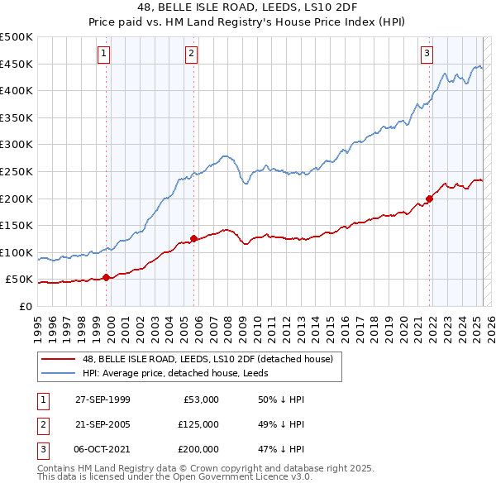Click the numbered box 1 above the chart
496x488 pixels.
[103, 54]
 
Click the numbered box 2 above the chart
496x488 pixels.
[191, 54]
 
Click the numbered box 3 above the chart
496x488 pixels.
[427, 54]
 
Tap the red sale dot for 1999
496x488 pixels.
[107, 277]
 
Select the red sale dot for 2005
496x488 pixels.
[193, 238]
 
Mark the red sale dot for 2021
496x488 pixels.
[430, 199]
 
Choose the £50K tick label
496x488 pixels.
[19, 280]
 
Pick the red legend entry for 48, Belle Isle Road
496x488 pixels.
[207, 359]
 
